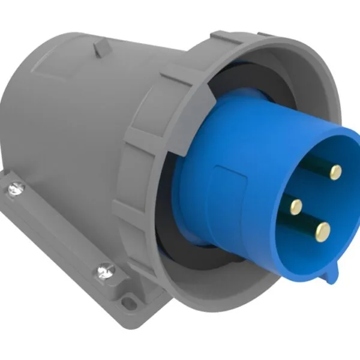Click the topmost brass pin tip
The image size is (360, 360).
pos(336,172)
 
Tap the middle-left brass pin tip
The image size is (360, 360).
pos(296,207)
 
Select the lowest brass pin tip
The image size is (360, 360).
pos(323,229)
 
